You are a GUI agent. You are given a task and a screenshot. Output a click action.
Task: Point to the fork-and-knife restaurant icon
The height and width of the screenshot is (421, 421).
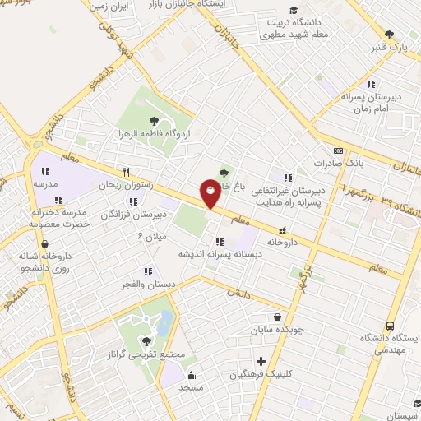click(126, 173)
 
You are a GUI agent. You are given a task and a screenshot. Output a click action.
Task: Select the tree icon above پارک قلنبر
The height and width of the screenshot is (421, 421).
click(389, 35)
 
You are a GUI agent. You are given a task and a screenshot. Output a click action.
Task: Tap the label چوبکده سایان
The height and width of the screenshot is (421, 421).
click(277, 330)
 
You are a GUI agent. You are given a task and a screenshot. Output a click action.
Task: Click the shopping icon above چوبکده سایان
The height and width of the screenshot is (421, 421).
click(278, 317)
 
